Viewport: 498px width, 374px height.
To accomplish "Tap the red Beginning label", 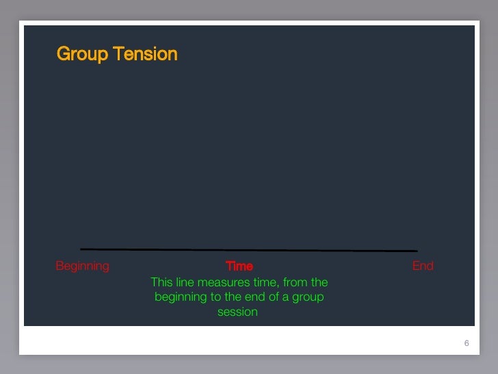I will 82,266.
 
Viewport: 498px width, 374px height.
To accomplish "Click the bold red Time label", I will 239,266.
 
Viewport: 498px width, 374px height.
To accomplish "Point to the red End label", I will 423,266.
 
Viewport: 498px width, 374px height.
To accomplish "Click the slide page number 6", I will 467,343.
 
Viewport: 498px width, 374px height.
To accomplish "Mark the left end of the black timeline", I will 81,249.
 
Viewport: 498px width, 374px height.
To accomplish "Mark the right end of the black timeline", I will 417,251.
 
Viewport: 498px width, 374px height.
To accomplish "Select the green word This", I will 162,282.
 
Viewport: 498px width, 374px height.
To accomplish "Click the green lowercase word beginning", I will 181,297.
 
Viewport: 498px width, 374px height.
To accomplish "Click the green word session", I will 237,312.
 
